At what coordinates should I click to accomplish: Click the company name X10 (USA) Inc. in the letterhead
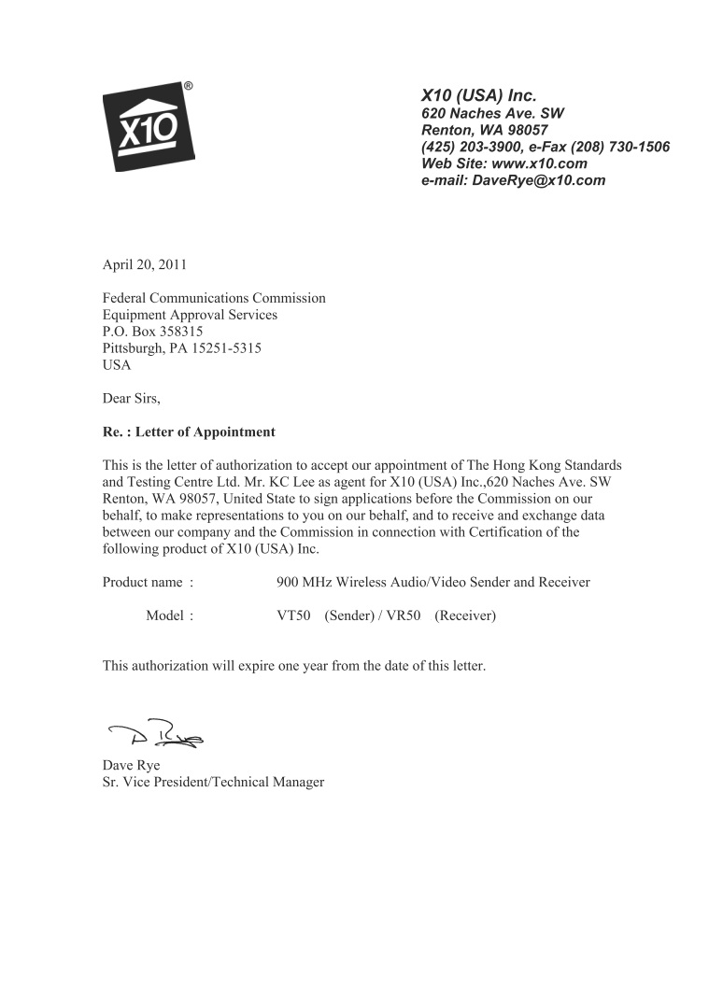click(x=479, y=95)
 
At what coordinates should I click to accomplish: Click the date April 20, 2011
click(x=144, y=264)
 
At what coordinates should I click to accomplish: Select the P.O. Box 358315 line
click(x=152, y=332)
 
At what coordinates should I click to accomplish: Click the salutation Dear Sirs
click(x=131, y=399)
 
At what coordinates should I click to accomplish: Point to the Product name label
click(x=148, y=582)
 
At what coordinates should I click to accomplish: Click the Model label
click(x=169, y=615)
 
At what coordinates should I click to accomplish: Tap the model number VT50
click(x=293, y=615)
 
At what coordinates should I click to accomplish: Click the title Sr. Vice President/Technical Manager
click(x=213, y=782)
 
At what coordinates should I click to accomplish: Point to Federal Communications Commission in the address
click(x=213, y=298)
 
